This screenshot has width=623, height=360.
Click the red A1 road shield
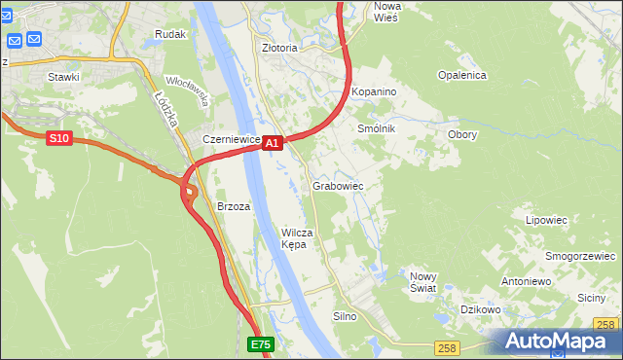point(273,143)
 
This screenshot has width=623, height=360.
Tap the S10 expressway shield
point(59,139)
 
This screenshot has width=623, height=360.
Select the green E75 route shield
point(260,344)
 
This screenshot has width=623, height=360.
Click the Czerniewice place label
point(231,139)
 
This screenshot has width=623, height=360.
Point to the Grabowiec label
point(338,185)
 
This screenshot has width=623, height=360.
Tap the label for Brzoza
point(234,206)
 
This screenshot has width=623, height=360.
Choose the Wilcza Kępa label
point(296,238)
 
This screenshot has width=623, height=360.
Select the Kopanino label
point(374,90)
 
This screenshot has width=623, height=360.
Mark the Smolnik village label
point(376,128)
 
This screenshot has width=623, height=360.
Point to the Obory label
point(461,134)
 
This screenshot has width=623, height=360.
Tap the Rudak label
point(169,34)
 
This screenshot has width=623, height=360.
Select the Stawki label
point(63,75)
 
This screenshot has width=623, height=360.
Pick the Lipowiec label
point(546,220)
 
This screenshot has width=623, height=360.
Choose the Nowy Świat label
point(423,282)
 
